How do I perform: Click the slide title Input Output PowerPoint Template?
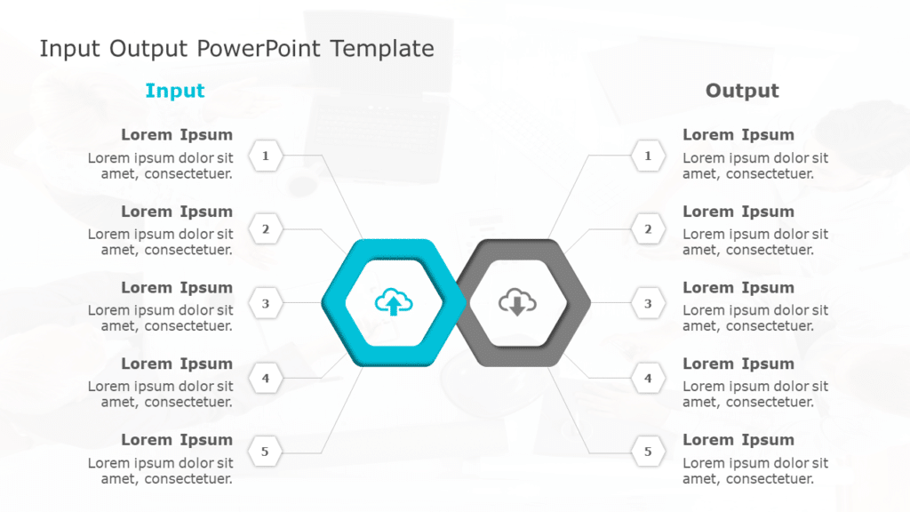point(236,49)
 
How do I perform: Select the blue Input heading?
point(175,91)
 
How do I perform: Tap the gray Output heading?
point(742,91)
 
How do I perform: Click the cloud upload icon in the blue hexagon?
point(394,303)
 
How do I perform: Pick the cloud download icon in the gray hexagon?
point(517,303)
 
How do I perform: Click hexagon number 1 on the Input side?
point(265,156)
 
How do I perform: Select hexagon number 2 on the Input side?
point(265,229)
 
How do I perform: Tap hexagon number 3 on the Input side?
point(265,304)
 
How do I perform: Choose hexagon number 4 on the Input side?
point(265,379)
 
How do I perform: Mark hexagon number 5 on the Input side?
point(265,452)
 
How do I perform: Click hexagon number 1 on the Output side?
point(648,156)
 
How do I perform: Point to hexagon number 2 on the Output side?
point(648,229)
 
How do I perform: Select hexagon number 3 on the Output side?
point(648,304)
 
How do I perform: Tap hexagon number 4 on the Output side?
point(648,379)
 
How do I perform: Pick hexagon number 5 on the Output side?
point(648,452)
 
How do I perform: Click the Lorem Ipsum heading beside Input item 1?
point(177,135)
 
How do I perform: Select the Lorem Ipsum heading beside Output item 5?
point(738,440)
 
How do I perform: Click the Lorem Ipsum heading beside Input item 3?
point(177,288)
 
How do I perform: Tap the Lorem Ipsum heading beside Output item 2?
point(738,212)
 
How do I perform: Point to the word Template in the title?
point(382,49)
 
